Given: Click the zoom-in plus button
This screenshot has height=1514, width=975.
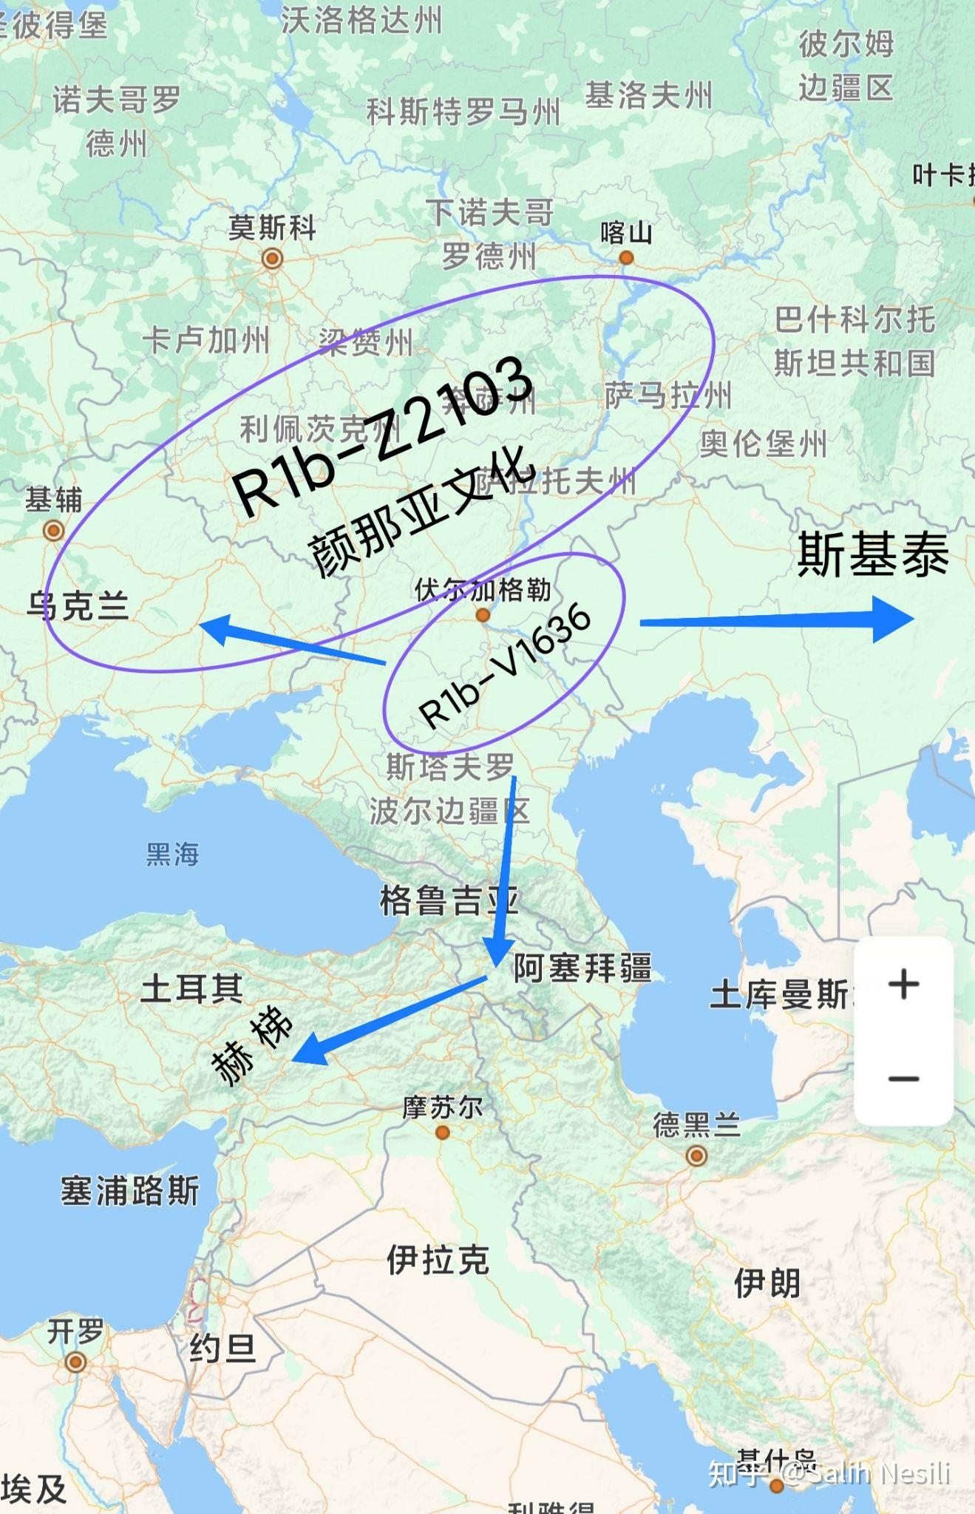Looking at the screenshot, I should click(x=903, y=985).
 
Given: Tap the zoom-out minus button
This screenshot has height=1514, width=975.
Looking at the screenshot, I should click(x=903, y=1079).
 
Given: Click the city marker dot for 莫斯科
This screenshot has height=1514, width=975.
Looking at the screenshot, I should click(x=272, y=259).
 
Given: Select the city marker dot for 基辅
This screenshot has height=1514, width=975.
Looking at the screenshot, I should click(x=53, y=530).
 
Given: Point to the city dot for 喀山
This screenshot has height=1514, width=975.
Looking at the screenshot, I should click(x=626, y=258).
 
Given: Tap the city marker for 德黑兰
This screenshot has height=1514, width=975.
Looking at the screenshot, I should click(x=696, y=1155).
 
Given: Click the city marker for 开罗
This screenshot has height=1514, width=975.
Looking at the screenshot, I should click(x=75, y=1362).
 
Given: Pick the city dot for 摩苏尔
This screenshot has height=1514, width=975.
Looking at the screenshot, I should click(x=443, y=1133).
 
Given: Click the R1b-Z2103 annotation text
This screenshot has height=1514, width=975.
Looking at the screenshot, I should click(x=382, y=436).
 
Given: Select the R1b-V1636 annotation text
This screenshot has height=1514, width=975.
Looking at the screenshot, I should click(x=505, y=666).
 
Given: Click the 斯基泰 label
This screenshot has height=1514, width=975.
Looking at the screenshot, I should click(x=873, y=554).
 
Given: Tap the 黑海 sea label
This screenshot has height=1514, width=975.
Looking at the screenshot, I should click(x=172, y=855).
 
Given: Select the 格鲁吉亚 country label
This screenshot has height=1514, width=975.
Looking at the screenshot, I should click(x=449, y=901).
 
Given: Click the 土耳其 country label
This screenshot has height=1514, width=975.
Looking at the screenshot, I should click(x=192, y=988).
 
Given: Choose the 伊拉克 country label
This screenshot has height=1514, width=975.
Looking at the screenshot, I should click(x=438, y=1260).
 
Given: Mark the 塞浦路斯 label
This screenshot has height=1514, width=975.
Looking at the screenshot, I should click(x=130, y=1191).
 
